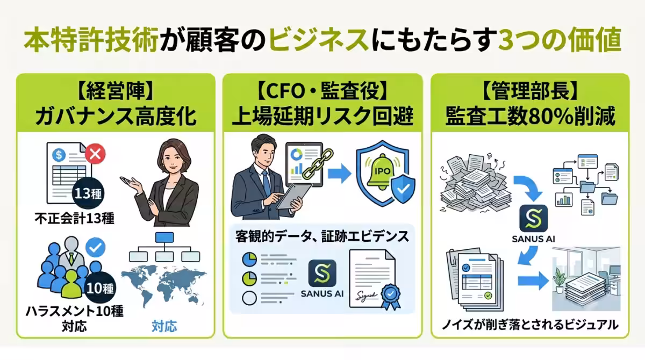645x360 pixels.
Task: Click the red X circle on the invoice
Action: click(x=95, y=154)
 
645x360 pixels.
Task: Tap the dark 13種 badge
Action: click(x=88, y=193)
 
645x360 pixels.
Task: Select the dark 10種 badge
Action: click(x=100, y=289)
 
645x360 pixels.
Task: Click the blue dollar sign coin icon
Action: click(x=59, y=155)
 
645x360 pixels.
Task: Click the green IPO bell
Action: click(x=382, y=172)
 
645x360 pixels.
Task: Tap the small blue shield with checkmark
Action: click(x=403, y=189)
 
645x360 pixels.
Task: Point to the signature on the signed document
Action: click(x=366, y=296)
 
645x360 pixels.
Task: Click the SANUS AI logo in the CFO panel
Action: click(x=322, y=273)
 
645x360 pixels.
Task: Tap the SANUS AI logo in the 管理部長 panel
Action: click(x=534, y=218)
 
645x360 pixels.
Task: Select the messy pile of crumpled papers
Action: click(x=475, y=183)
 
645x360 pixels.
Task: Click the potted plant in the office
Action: click(x=559, y=280)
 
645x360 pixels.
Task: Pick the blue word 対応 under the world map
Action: click(x=164, y=326)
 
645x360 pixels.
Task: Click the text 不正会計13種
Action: click(x=74, y=218)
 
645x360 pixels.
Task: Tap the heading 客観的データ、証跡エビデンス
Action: click(x=322, y=236)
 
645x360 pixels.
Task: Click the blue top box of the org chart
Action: click(x=164, y=237)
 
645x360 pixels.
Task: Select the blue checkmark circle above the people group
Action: click(x=95, y=247)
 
